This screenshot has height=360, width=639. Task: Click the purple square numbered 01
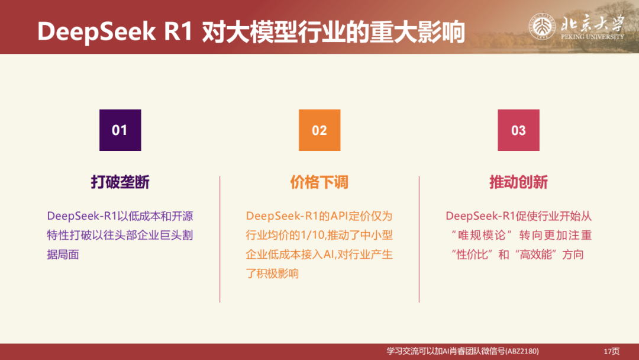click(120, 130)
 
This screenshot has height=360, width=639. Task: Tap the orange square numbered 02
click(319, 130)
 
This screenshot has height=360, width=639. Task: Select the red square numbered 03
click(518, 130)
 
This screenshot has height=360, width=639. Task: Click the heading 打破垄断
click(120, 182)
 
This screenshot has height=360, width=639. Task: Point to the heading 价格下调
click(319, 182)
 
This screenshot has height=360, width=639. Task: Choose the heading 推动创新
click(518, 182)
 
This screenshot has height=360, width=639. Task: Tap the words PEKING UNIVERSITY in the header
click(592, 37)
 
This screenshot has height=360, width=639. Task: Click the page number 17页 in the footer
click(611, 351)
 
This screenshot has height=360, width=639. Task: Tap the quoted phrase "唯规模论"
click(480, 235)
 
